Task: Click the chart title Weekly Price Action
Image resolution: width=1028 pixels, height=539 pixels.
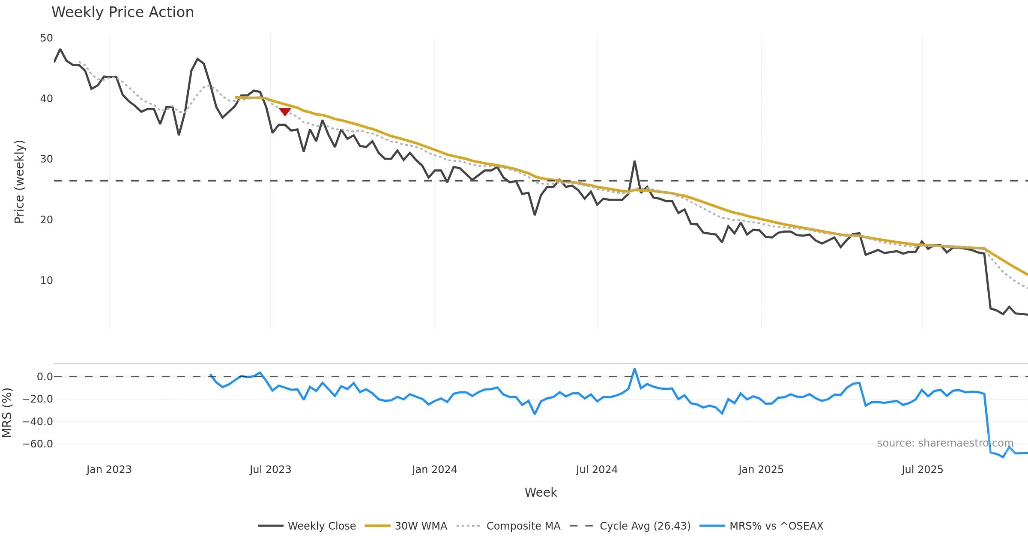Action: (x=123, y=12)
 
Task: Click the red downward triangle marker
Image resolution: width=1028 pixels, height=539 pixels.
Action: (x=285, y=112)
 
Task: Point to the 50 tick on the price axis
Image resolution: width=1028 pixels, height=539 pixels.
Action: (x=46, y=38)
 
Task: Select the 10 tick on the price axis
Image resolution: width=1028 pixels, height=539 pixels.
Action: (x=46, y=281)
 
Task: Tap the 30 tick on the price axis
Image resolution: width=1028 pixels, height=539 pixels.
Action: (x=46, y=159)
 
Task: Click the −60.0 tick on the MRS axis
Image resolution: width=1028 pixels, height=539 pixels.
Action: (x=38, y=444)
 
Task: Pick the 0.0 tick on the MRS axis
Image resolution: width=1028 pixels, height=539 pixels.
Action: (x=45, y=377)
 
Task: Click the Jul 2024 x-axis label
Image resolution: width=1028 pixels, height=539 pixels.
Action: (x=597, y=470)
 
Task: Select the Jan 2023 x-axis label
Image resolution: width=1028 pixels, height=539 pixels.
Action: (x=109, y=470)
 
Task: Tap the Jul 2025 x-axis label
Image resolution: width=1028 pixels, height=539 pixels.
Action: (x=922, y=470)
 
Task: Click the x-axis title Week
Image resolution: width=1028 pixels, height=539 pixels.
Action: (x=541, y=493)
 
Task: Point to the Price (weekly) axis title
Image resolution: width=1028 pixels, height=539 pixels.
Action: (x=19, y=182)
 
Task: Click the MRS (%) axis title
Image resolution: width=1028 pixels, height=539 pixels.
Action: (x=7, y=413)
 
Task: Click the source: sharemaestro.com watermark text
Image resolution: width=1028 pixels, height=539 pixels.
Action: (x=945, y=443)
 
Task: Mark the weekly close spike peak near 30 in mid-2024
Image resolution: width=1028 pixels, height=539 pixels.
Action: (x=634, y=161)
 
